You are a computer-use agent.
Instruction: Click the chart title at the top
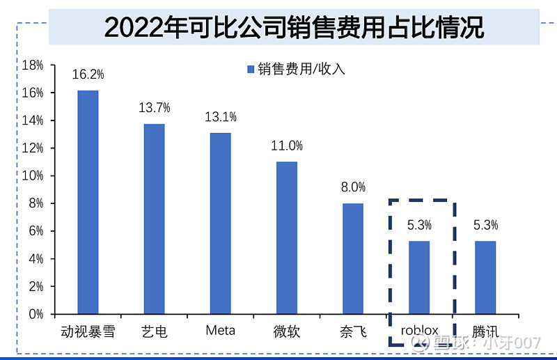coord(293,28)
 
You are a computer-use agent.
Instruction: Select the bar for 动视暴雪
coord(88,202)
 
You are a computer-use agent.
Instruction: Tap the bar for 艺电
coord(154,219)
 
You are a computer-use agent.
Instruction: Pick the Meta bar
coord(220,223)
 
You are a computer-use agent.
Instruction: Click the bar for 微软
coord(286,237)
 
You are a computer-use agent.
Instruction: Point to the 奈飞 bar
coord(352,258)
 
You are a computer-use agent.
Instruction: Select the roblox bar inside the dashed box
coord(419,277)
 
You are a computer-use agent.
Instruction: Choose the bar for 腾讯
coord(485,277)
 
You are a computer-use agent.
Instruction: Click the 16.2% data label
coord(88,75)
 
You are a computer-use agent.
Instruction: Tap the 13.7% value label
coord(154,108)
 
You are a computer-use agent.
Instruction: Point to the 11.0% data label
coord(286,146)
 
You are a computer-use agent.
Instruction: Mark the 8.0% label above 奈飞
coord(352,187)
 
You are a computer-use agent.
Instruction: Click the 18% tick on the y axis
coord(33,65)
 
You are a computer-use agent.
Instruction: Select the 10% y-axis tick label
coord(33,176)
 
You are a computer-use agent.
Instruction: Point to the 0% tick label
coord(36,314)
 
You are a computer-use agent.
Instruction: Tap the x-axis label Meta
coord(220,330)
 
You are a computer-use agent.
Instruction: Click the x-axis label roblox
coord(419,330)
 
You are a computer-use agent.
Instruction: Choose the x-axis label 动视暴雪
coord(88,331)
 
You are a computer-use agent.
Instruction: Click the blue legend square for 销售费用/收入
coord(251,69)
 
